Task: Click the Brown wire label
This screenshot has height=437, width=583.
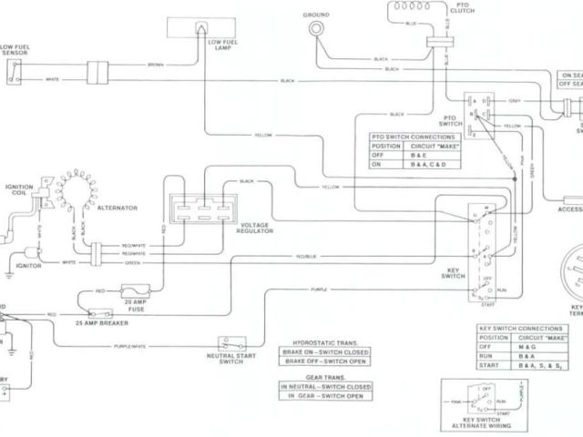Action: pos(156,66)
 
